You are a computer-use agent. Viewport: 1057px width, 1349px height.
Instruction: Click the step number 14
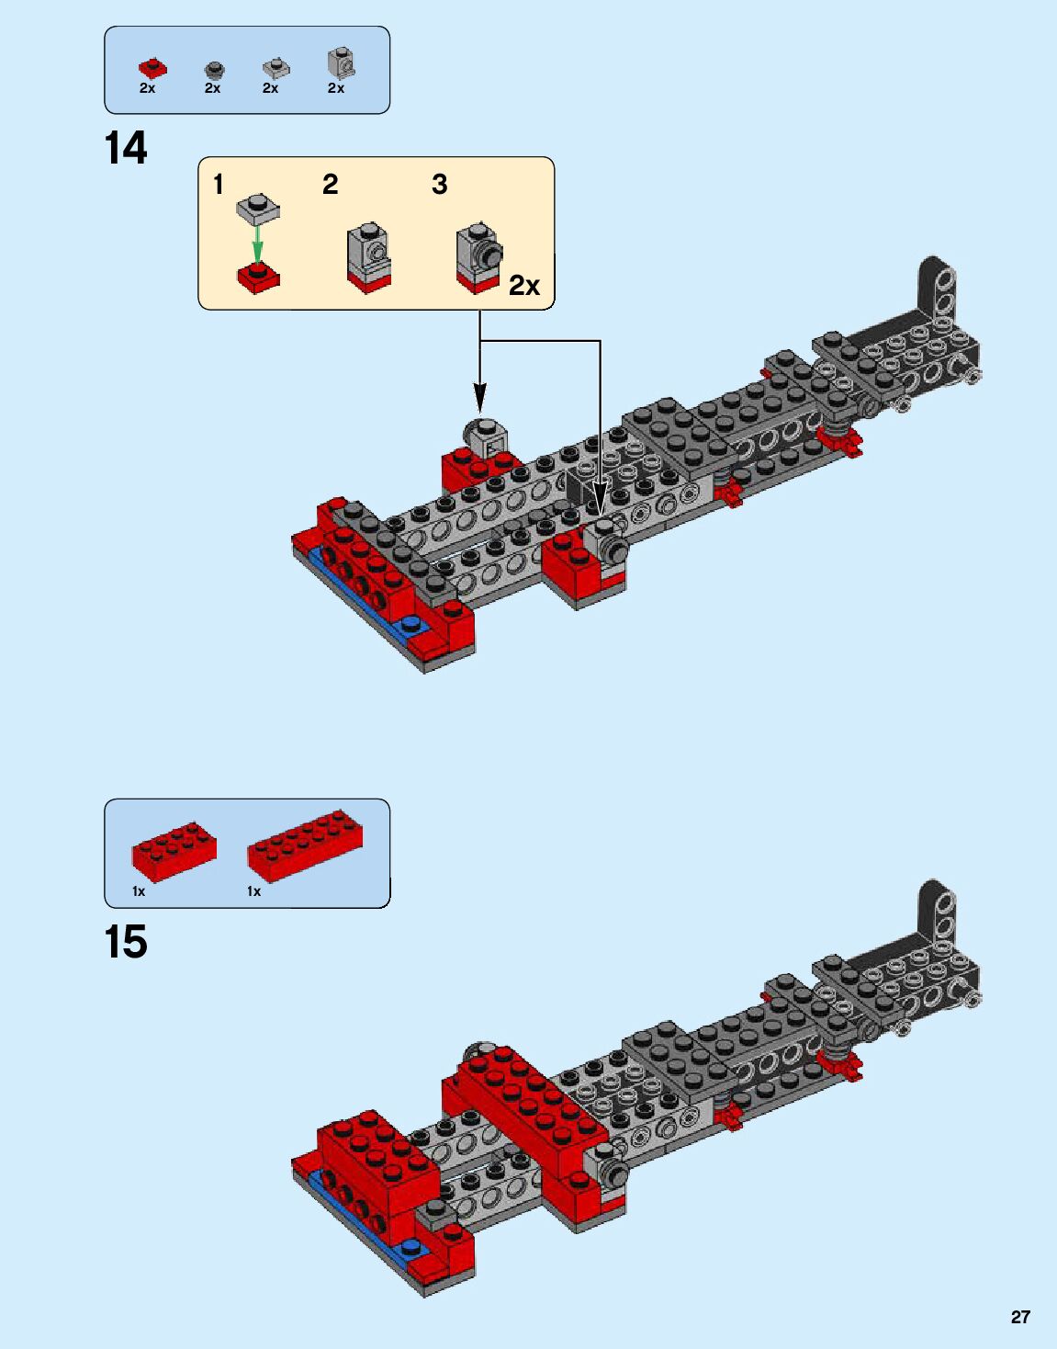pyautogui.click(x=126, y=149)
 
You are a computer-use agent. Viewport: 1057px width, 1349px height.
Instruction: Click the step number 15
pyautogui.click(x=126, y=943)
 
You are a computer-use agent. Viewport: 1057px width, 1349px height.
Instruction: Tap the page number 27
pyautogui.click(x=1020, y=1317)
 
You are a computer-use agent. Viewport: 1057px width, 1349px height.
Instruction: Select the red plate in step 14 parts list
pyautogui.click(x=152, y=68)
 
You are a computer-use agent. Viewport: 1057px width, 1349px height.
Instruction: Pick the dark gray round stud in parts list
pyautogui.click(x=214, y=70)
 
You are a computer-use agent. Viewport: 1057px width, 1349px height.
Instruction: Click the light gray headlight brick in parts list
pyautogui.click(x=341, y=62)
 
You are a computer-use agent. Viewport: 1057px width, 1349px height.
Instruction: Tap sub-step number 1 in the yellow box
pyautogui.click(x=219, y=185)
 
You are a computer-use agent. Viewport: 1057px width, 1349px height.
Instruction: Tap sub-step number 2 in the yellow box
pyautogui.click(x=331, y=185)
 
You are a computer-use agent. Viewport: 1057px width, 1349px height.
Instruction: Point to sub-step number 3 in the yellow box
pyautogui.click(x=440, y=185)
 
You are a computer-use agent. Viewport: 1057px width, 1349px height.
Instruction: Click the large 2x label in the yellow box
pyautogui.click(x=524, y=286)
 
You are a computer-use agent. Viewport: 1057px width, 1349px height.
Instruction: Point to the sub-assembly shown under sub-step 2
pyautogui.click(x=369, y=258)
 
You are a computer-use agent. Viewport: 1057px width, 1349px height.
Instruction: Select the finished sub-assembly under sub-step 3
pyautogui.click(x=478, y=257)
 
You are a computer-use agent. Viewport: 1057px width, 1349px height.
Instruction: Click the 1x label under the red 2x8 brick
pyautogui.click(x=253, y=891)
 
